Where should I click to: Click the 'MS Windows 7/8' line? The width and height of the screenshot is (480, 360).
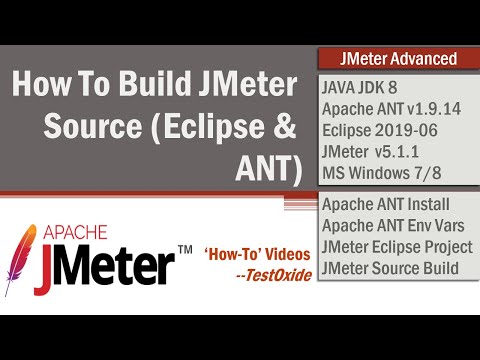pos(381,173)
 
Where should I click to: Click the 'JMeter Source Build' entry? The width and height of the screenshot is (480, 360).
pos(390,267)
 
